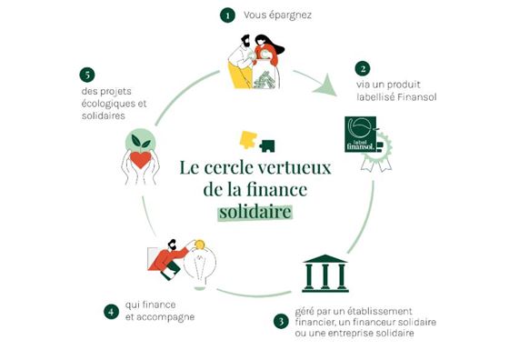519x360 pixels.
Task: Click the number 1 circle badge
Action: pyautogui.click(x=226, y=15)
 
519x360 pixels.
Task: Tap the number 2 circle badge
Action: pyautogui.click(x=363, y=68)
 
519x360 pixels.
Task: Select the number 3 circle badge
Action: pyautogui.click(x=281, y=319)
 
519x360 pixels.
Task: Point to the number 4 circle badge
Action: pyautogui.click(x=110, y=311)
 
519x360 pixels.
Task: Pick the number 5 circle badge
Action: pyautogui.click(x=87, y=74)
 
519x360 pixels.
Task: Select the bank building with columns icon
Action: pyautogui.click(x=324, y=273)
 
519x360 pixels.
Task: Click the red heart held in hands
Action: pyautogui.click(x=142, y=161)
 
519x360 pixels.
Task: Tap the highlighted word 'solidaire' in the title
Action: pyautogui.click(x=260, y=212)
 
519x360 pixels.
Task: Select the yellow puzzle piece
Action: pyautogui.click(x=247, y=139)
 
